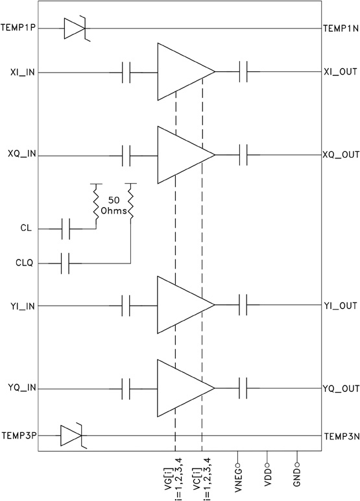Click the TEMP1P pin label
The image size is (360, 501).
[x=19, y=29]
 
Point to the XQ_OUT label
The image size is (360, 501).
[x=341, y=156]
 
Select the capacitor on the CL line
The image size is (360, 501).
[x=65, y=228]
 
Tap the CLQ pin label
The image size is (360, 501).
[x=29, y=263]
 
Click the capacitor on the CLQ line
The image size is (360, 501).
[x=65, y=263]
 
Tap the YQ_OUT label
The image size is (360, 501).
[x=341, y=389]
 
